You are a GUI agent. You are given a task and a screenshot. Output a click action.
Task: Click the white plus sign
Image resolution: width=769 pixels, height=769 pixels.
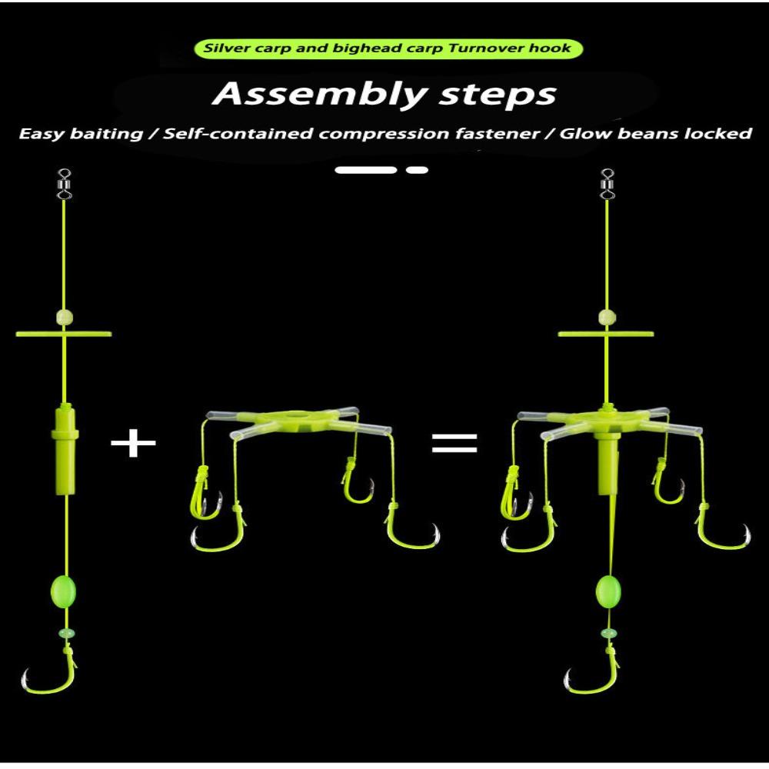[133, 444]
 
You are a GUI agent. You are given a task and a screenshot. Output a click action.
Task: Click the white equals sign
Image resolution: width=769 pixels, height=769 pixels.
[454, 444]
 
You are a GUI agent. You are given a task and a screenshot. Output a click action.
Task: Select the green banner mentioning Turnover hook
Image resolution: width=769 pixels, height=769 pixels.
[388, 48]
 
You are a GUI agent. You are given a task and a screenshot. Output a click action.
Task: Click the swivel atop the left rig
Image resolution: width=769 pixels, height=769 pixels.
[65, 185]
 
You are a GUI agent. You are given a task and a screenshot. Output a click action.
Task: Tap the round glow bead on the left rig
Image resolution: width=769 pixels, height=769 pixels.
[65, 317]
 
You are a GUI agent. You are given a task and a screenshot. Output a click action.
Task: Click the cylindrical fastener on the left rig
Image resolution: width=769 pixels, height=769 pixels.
[65, 441]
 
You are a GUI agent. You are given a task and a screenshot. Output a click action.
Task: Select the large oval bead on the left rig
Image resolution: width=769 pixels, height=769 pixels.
[65, 593]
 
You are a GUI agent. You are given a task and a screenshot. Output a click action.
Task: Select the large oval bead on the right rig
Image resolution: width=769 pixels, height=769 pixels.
[608, 593]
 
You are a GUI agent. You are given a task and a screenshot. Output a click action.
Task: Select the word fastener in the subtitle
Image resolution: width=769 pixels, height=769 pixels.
[499, 134]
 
